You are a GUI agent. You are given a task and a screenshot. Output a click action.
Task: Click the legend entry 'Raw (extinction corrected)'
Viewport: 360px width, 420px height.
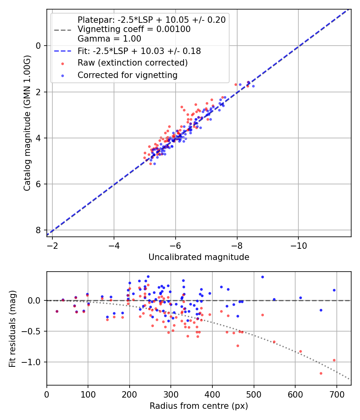click(x=132, y=63)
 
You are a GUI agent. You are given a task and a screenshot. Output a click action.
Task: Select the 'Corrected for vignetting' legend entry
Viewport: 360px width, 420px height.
click(x=127, y=75)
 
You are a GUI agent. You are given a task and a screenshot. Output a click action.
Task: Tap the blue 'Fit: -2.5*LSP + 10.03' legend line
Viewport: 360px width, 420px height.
click(x=62, y=51)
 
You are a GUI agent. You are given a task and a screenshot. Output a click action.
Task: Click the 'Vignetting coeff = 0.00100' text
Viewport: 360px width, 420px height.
click(x=134, y=29)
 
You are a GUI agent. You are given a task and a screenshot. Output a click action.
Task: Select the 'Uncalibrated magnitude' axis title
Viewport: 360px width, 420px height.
click(x=199, y=257)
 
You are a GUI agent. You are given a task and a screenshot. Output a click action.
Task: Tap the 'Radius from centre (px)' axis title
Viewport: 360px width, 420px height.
click(x=199, y=406)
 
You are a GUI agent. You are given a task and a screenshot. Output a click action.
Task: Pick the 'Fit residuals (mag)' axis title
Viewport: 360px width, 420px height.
click(x=12, y=328)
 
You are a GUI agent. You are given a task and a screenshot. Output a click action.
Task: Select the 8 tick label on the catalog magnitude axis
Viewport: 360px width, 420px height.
click(x=38, y=230)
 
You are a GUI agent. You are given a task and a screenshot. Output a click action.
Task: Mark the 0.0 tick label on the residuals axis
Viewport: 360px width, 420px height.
click(x=36, y=300)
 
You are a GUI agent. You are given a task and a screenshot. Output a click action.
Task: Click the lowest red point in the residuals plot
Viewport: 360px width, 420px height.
click(x=321, y=373)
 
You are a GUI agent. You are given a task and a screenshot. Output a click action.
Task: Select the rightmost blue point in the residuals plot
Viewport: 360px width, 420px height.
click(x=334, y=290)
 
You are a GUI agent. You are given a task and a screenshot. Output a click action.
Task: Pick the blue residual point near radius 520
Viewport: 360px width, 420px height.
click(x=262, y=277)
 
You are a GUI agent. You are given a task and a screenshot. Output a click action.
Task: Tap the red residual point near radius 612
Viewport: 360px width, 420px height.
click(x=300, y=352)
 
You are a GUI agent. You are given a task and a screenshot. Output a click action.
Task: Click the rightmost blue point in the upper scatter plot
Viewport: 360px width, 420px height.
click(x=253, y=86)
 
